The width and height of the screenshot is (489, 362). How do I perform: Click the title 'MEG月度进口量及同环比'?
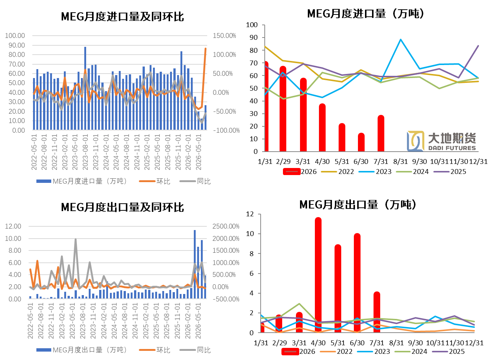click(x=123, y=17)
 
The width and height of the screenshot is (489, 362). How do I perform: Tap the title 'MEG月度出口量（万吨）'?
click(x=358, y=204)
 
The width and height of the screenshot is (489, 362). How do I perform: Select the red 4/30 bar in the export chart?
click(x=318, y=275)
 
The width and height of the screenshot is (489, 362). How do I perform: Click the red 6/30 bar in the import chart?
click(x=361, y=142)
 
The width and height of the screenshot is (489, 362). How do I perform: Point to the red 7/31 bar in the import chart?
click(x=381, y=133)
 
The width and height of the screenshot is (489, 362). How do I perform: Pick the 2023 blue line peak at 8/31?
click(x=400, y=39)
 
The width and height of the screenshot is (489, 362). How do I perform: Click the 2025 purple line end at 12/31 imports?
click(x=478, y=46)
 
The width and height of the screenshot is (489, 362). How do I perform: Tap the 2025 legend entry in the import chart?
click(x=450, y=171)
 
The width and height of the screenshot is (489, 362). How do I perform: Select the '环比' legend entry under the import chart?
click(x=154, y=181)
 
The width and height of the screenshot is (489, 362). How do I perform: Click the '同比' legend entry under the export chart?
click(x=195, y=350)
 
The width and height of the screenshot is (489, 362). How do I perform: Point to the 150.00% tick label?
click(x=224, y=36)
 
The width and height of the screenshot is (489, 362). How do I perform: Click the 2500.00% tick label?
click(x=226, y=226)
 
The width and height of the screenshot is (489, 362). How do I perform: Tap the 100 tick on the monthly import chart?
click(x=252, y=25)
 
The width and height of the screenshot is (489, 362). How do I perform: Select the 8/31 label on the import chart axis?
click(x=400, y=162)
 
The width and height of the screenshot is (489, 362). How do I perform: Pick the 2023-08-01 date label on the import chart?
click(x=85, y=152)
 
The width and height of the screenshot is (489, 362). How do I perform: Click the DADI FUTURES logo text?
click(x=452, y=148)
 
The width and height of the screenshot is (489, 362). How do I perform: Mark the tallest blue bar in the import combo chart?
click(x=85, y=88)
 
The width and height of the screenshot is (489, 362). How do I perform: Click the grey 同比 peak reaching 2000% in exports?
click(x=76, y=239)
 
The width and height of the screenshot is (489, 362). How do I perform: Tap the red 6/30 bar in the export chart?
click(x=357, y=283)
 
